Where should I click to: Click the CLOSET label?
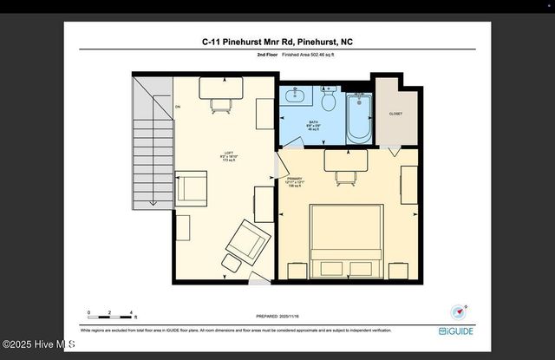click(x=395, y=114)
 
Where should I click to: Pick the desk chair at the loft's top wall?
click(x=220, y=105)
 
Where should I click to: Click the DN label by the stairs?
click(x=178, y=107)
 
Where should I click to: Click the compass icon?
click(x=459, y=311)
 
